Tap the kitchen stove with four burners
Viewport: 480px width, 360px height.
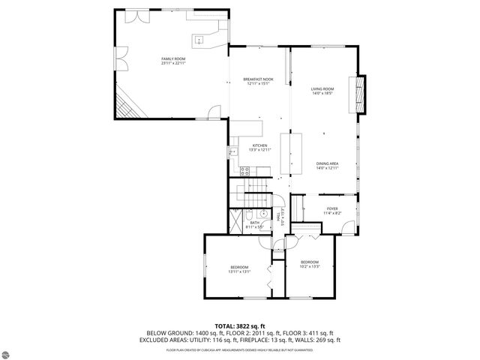pyautogui.click(x=244, y=171)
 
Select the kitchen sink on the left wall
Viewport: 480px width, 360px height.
pyautogui.click(x=233, y=151)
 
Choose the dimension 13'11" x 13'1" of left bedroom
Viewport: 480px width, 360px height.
pyautogui.click(x=238, y=271)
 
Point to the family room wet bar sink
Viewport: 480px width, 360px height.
pyautogui.click(x=200, y=39)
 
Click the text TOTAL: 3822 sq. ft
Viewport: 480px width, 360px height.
pyautogui.click(x=239, y=325)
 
